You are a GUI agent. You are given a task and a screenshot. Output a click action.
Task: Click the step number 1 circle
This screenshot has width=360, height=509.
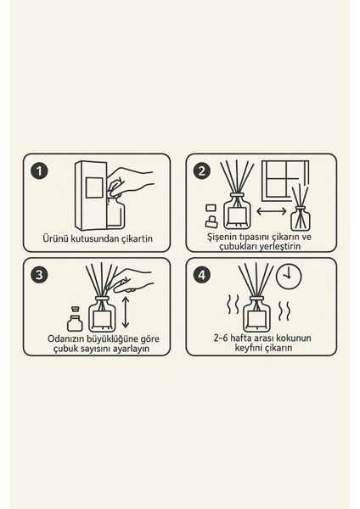(39, 171)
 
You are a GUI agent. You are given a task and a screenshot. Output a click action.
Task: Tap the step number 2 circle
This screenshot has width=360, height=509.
(202, 171)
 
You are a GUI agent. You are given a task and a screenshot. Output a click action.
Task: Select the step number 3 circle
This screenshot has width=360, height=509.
(39, 275)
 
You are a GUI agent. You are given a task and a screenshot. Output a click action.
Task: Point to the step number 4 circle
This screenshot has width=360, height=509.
(202, 275)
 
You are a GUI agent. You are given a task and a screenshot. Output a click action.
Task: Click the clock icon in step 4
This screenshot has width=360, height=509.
(289, 277)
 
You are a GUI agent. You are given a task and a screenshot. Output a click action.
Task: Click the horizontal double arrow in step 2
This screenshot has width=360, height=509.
(272, 211)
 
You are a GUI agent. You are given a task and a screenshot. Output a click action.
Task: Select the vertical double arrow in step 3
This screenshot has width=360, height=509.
(126, 312)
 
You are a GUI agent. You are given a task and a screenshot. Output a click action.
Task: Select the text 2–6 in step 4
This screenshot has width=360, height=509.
(221, 338)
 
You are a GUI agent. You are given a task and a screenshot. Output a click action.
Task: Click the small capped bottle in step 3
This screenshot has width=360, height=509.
(75, 318)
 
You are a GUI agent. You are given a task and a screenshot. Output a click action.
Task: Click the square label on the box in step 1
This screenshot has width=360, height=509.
(94, 187)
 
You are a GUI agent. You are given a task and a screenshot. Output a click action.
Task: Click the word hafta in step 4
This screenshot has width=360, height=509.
(240, 338)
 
